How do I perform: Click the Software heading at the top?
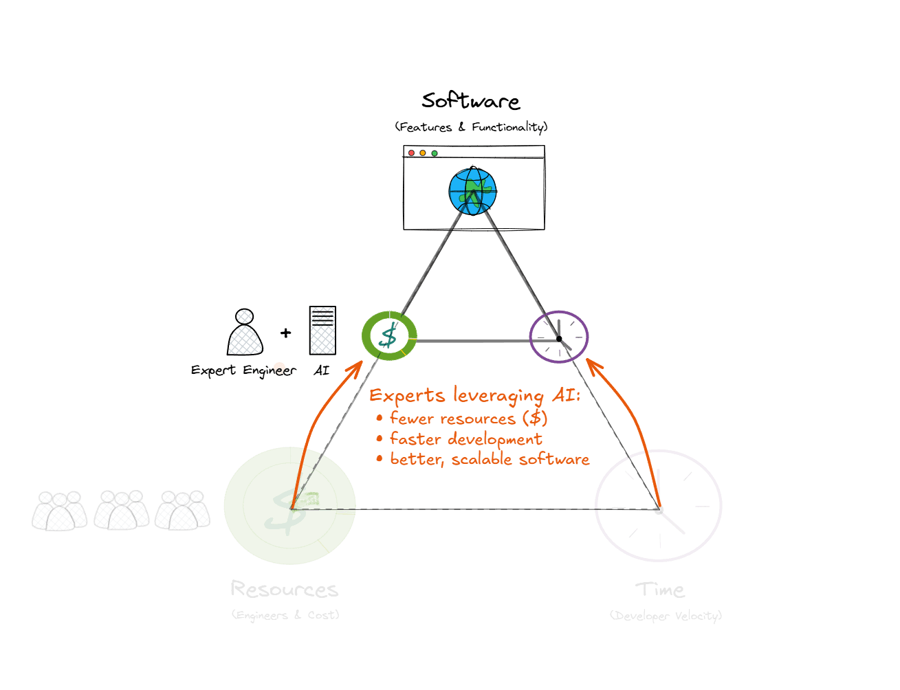coord(471,101)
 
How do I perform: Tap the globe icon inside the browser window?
coord(472,191)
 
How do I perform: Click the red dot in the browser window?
coord(412,153)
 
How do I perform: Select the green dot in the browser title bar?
coord(435,153)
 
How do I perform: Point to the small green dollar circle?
coord(389,335)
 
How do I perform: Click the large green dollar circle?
coord(289,507)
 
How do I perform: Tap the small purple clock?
coord(559,337)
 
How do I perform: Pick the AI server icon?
coord(322,331)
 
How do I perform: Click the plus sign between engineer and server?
coord(285,333)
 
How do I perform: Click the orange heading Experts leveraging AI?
coord(475,396)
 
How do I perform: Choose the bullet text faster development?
coord(465,439)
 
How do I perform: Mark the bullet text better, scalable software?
coord(489,459)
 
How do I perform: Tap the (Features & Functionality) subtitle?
coord(471,127)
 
